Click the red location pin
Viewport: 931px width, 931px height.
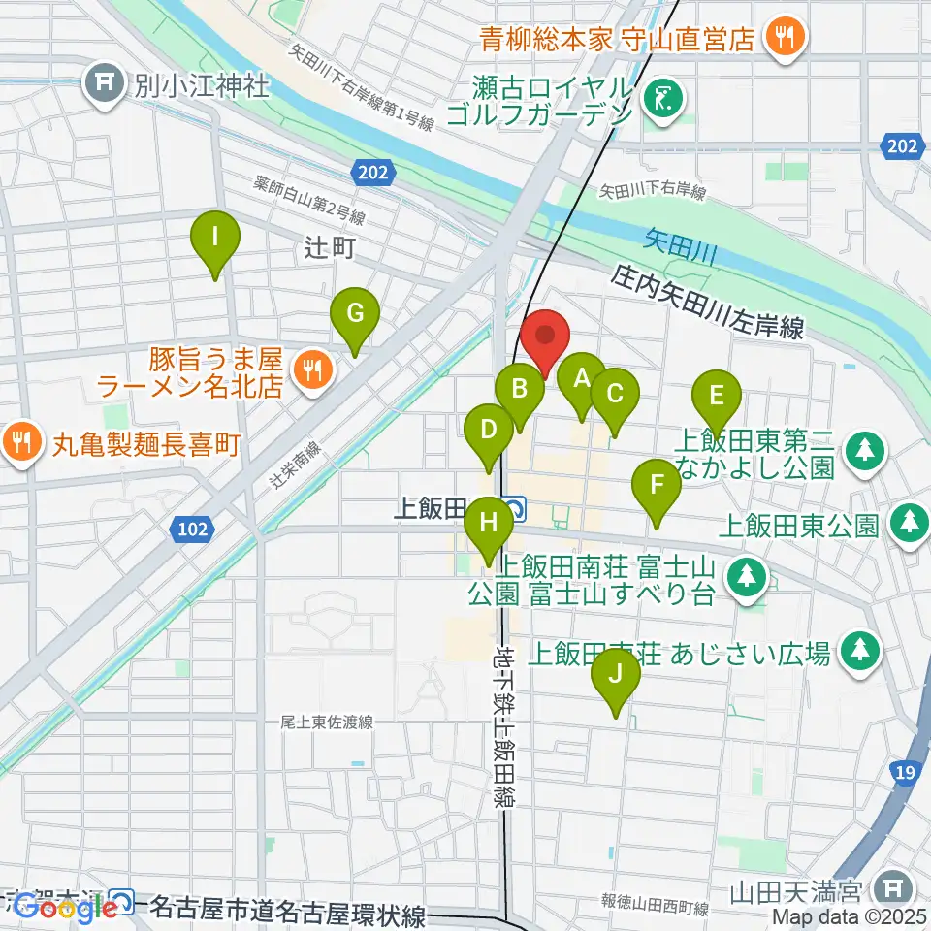pos(544,337)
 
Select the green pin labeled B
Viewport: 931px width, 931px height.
pos(519,390)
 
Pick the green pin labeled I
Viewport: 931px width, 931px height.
pos(215,237)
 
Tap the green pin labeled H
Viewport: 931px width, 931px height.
pos(489,525)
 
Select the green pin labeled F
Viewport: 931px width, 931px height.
pos(657,485)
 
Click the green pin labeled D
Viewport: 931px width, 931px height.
pos(489,430)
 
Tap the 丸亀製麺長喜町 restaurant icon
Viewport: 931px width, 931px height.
pos(20,445)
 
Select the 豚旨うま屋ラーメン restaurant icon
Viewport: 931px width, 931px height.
pos(311,368)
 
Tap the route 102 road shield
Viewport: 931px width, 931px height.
pos(190,529)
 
